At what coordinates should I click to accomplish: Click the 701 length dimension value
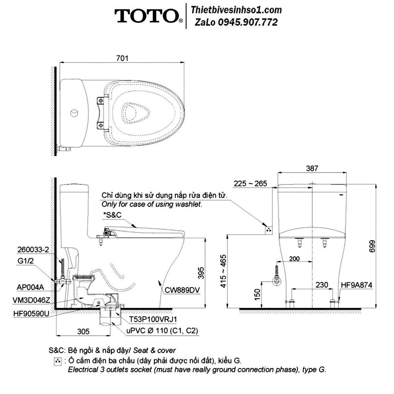[x=123, y=58]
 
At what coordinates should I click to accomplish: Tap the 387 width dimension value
[x=312, y=168]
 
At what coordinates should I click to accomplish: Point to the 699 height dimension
[x=372, y=246]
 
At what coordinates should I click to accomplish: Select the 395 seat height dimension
[x=201, y=273]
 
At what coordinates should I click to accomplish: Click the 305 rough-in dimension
[x=83, y=331]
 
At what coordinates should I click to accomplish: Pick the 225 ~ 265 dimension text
[x=250, y=184]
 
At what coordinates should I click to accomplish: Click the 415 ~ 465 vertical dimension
[x=223, y=271]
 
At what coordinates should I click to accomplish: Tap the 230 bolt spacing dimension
[x=322, y=285]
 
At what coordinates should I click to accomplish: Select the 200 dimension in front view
[x=294, y=258]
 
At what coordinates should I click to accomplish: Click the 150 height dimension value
[x=257, y=294]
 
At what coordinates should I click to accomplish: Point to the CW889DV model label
[x=182, y=290]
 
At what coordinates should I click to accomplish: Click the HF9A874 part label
[x=357, y=285]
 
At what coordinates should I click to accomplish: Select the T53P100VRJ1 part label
[x=153, y=320]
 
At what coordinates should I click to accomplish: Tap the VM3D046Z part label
[x=31, y=300]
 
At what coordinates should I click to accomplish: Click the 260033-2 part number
[x=33, y=249]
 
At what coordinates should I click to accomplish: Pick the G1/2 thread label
[x=25, y=261]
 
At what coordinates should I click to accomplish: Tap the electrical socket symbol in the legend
[x=58, y=361]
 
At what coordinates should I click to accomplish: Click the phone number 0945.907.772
[x=248, y=22]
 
